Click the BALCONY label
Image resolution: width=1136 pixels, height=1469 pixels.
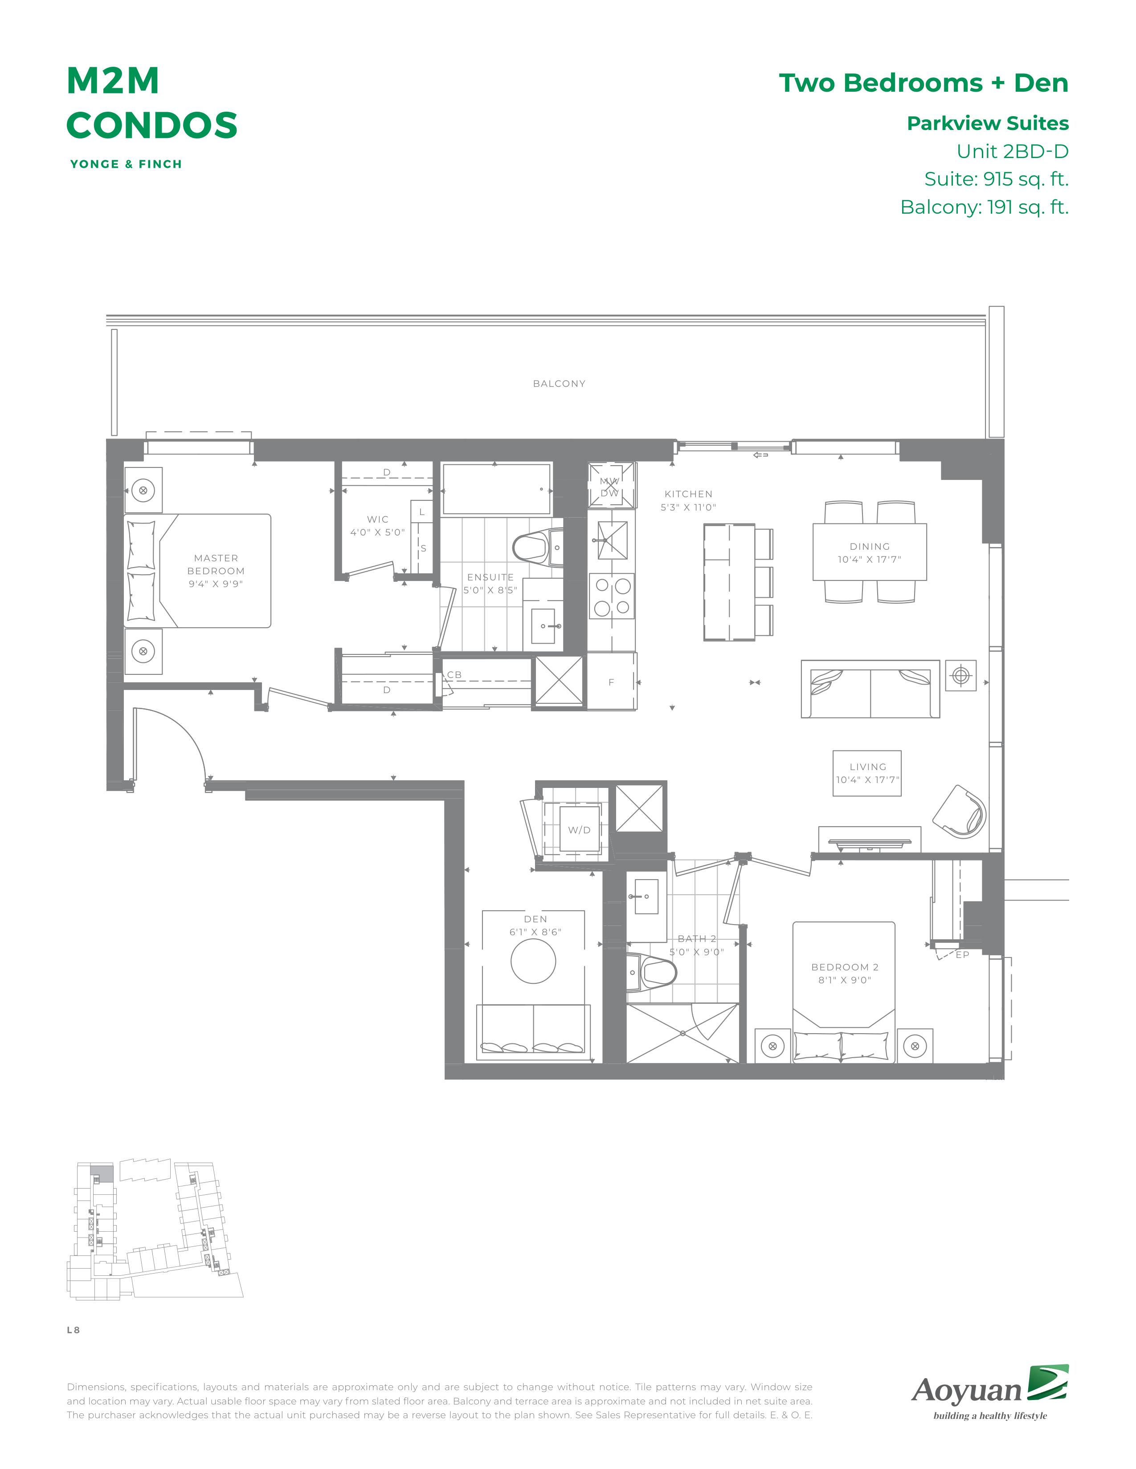point(559,383)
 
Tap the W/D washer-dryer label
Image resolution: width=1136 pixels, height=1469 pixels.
point(579,830)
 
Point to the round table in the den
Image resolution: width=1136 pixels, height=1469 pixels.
point(533,961)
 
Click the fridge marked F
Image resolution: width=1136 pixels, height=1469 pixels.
point(611,682)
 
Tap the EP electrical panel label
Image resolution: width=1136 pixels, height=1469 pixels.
point(962,954)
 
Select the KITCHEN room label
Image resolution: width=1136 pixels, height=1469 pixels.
point(688,494)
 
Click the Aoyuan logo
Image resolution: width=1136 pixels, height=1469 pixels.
point(990,1392)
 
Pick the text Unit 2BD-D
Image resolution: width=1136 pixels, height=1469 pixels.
point(1012,151)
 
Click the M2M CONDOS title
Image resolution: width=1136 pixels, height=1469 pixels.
point(151,103)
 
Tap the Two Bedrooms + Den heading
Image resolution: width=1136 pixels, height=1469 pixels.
point(924,83)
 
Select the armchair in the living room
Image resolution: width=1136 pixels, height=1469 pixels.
point(959,811)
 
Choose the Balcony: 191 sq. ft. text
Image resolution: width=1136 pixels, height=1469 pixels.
point(985,207)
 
